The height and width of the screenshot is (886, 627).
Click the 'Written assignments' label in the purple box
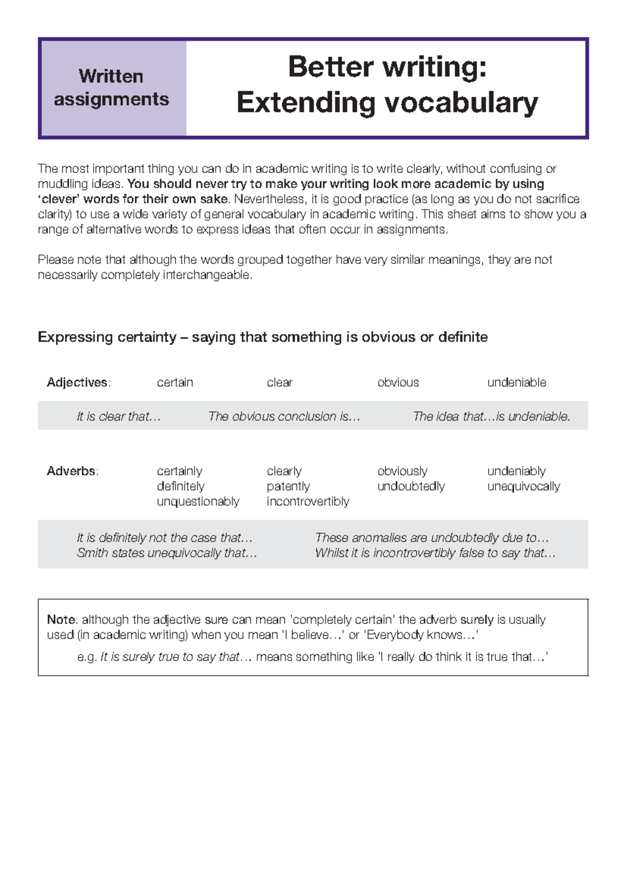pos(111,88)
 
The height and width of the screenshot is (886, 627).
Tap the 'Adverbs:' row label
pos(72,471)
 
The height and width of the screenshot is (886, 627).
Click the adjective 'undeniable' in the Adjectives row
pos(516,382)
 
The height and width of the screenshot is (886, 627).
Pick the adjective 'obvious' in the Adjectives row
pos(398,382)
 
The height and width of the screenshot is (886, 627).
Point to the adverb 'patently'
pos(288,486)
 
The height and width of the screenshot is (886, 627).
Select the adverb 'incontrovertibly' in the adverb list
pos(308,502)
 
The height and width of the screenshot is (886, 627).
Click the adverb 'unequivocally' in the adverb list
pos(523,486)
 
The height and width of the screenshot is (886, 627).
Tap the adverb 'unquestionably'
pos(198,502)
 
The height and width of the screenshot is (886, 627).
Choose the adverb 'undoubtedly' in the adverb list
pos(411,486)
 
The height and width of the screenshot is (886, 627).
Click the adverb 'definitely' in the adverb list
pos(180,486)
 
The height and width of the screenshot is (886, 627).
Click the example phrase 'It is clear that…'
pos(119,416)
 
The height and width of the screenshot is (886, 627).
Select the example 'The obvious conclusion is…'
pos(284,416)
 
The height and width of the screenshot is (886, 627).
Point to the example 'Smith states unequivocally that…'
pos(167,553)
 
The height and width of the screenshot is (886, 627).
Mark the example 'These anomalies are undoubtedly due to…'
pos(432,538)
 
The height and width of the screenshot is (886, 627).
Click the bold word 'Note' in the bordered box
pos(61,620)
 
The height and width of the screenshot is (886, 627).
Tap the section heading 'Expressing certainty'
pos(107,337)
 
